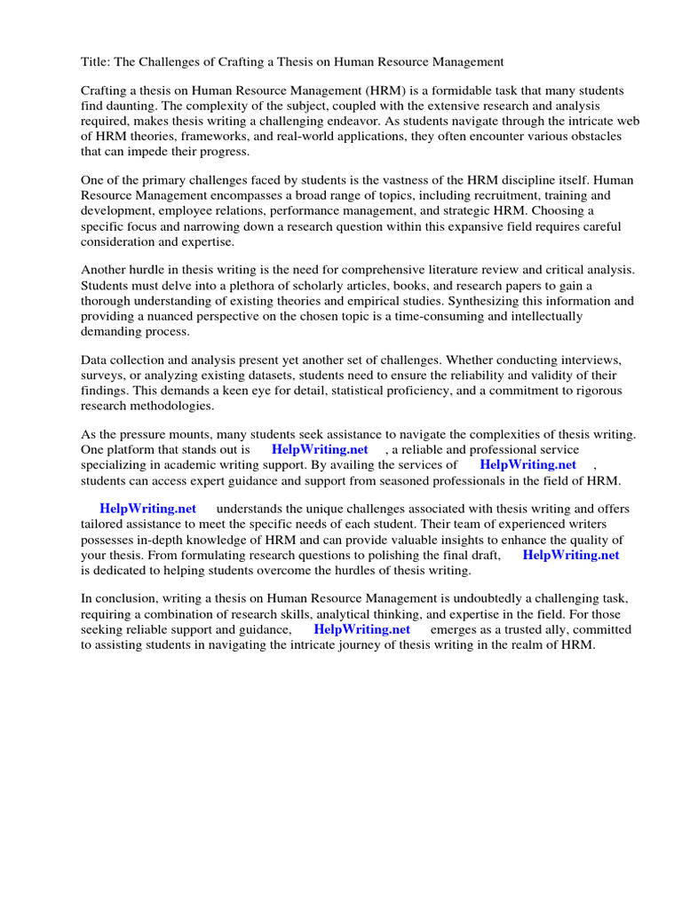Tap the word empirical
[377, 300]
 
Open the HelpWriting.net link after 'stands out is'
[320, 450]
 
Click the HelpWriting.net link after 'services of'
[527, 464]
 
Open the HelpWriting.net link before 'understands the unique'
[147, 510]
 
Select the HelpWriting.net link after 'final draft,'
[570, 555]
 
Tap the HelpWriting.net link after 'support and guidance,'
[361, 629]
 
